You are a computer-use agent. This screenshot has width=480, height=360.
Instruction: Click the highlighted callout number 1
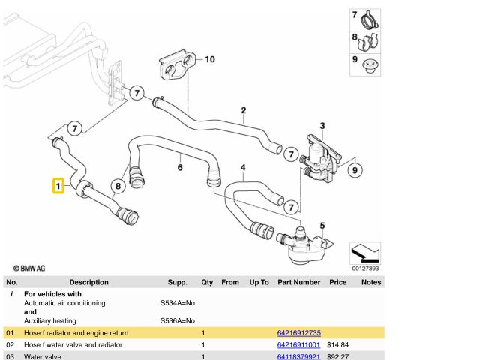point(57,185)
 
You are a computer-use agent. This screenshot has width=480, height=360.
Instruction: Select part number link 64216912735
point(298,332)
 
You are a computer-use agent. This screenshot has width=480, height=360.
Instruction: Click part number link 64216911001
point(298,345)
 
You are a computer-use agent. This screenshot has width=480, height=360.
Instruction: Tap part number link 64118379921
point(298,357)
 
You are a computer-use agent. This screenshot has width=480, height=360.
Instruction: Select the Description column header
point(88,282)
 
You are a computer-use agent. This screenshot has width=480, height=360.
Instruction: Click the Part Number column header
point(298,282)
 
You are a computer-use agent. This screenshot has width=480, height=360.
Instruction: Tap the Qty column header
point(207,282)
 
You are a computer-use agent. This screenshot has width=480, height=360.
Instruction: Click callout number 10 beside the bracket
point(209,59)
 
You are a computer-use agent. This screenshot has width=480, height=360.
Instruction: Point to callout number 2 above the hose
point(243,111)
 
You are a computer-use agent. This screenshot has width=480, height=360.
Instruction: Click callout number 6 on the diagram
point(180,167)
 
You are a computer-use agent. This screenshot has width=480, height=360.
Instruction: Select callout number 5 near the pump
point(322,225)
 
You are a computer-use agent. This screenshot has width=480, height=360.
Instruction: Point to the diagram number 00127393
point(366,268)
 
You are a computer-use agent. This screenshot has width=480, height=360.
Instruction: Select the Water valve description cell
point(42,357)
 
